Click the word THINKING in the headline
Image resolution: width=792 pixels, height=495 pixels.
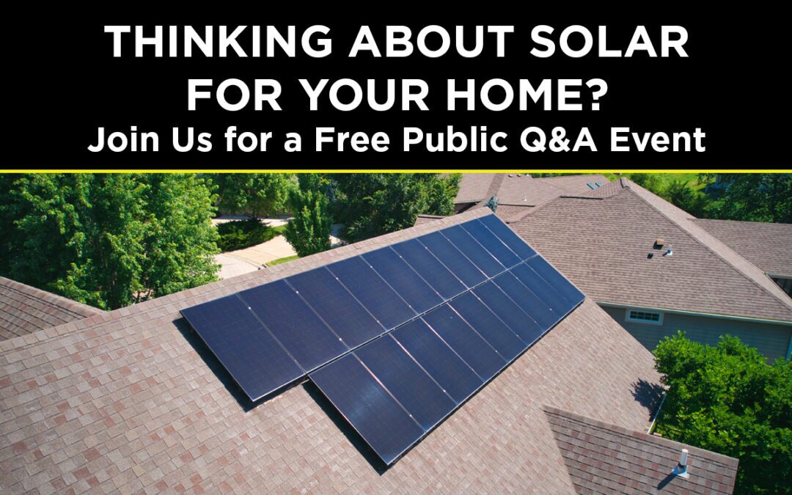pyautogui.click(x=219, y=45)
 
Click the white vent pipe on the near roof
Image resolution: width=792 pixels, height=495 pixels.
pyautogui.click(x=682, y=462)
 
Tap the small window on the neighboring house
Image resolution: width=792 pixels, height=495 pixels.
pyautogui.click(x=645, y=316)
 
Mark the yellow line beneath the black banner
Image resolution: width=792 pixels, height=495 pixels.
pyautogui.click(x=396, y=172)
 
